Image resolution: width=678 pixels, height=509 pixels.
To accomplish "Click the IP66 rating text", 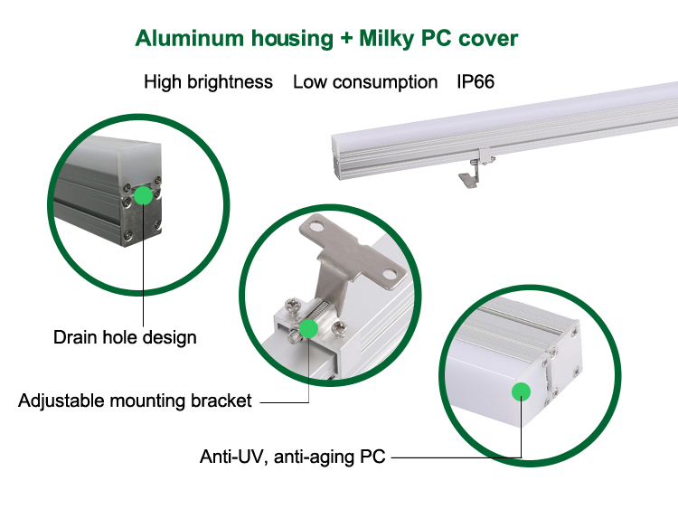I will tap(475, 82).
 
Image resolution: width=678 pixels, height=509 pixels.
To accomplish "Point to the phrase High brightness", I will tap(208, 82).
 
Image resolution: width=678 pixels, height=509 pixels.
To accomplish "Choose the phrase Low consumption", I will tap(364, 82).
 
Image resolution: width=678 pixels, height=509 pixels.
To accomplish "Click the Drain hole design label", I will tap(125, 338).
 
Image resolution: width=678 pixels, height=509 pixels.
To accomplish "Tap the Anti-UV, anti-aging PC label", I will tap(293, 457).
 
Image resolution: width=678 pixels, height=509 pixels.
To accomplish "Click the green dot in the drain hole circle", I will tap(143, 194).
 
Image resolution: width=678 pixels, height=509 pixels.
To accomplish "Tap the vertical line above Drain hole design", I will tap(143, 262).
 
